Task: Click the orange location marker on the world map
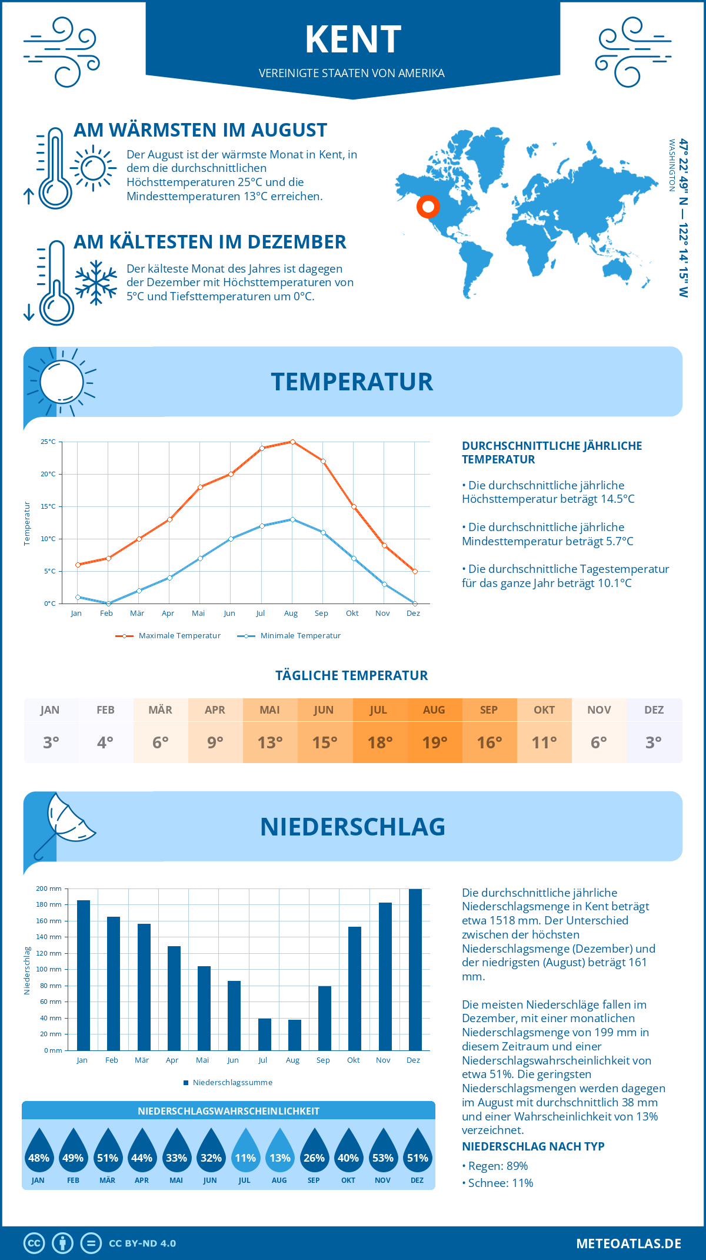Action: [428, 207]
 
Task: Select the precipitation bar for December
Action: [415, 970]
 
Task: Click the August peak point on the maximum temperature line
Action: [292, 442]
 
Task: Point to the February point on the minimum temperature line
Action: [108, 604]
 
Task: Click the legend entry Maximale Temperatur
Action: [168, 636]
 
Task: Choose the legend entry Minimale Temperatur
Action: [289, 636]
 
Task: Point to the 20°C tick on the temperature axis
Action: [48, 474]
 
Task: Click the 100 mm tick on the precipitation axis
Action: [51, 969]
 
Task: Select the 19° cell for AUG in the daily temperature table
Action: [434, 742]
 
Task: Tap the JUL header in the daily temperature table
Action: [378, 710]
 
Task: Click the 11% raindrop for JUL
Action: [245, 1155]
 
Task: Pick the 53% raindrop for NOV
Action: [382, 1155]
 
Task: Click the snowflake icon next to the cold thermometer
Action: [96, 283]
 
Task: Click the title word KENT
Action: [353, 40]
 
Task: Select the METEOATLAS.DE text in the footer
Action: [628, 1244]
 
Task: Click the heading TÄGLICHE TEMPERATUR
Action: [352, 676]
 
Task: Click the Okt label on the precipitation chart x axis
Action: [353, 1060]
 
